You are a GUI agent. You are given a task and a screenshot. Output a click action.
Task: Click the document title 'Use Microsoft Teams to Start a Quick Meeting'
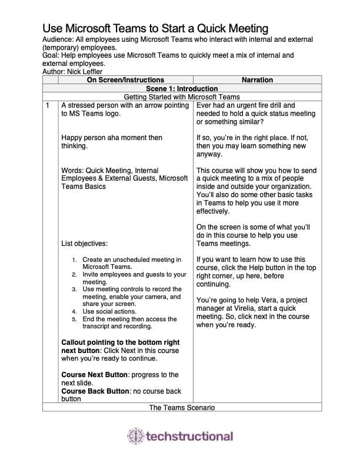click(x=155, y=28)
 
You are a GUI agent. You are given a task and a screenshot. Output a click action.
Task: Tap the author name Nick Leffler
click(x=85, y=72)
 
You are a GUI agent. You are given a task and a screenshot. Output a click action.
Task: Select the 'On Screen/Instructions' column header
click(x=125, y=80)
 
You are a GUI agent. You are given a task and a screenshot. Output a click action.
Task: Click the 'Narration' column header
click(x=257, y=80)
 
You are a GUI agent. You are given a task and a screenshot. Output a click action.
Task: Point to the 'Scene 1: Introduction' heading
click(x=181, y=88)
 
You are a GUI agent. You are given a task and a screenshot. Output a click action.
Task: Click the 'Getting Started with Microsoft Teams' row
click(x=181, y=96)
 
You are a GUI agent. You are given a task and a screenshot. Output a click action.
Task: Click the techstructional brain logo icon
click(x=135, y=436)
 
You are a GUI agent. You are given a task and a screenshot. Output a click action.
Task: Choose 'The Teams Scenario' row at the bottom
click(x=181, y=407)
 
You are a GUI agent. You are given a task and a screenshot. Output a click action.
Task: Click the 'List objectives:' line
click(x=85, y=243)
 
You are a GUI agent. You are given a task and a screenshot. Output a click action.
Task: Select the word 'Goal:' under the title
click(x=52, y=56)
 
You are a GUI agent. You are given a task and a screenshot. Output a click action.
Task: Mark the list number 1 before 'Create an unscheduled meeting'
click(x=74, y=259)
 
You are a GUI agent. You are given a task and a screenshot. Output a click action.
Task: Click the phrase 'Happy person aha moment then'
click(x=112, y=138)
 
